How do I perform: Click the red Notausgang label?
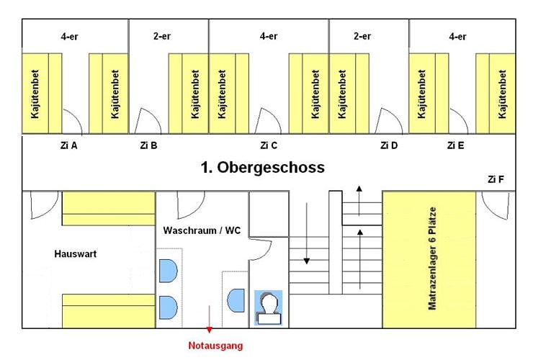215,346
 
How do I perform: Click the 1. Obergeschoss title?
262,167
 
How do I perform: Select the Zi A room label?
68,145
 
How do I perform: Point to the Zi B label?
148,145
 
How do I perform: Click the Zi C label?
269,145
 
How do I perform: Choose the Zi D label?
389,145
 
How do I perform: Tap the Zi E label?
455,145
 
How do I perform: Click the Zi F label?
496,179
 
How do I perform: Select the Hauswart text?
76,253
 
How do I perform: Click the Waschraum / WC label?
202,230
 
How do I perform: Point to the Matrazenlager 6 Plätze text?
432,258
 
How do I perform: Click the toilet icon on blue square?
269,307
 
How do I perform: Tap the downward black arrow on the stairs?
307,233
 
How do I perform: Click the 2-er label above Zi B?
162,36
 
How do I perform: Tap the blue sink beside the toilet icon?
236,300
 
